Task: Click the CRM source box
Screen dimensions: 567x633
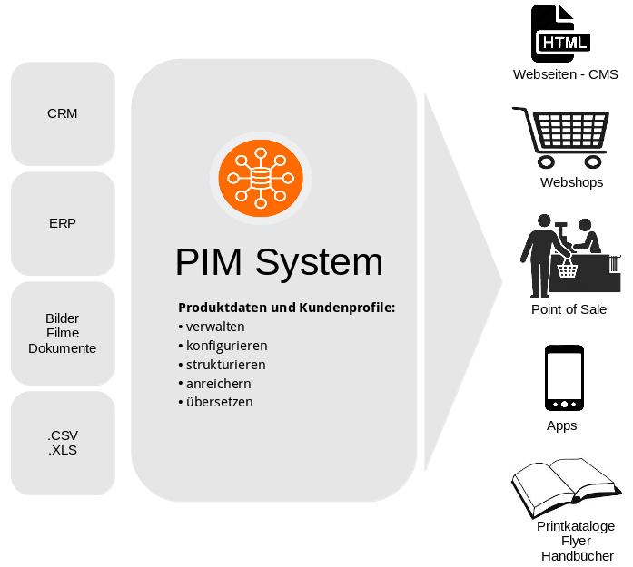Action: coord(63,113)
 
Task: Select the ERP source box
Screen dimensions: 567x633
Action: coord(63,223)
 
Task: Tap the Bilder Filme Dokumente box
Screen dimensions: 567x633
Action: coord(63,333)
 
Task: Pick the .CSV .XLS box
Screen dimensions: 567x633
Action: coord(63,443)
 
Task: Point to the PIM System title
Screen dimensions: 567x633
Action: coord(279,262)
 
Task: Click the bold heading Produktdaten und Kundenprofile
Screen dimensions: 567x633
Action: coord(286,308)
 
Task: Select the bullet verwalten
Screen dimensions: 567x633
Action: coord(215,327)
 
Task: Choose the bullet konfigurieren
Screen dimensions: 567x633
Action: coord(226,346)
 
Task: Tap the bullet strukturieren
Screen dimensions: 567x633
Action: coord(225,365)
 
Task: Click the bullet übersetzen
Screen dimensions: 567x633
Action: coord(219,402)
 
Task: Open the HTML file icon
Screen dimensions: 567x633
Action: coord(560,34)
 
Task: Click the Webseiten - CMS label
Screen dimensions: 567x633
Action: coord(565,74)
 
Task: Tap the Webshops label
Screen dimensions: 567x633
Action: coord(571,182)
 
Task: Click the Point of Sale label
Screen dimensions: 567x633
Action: coord(569,309)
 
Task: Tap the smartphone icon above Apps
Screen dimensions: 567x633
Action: coord(564,378)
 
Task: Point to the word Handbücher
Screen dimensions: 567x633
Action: coord(577,556)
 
